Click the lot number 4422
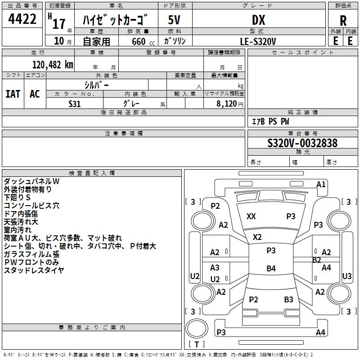pyautogui.click(x=22, y=19)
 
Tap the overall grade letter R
pyautogui.click(x=343, y=21)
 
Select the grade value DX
pyautogui.click(x=258, y=20)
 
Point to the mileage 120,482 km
pyautogui.click(x=53, y=64)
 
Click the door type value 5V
pyautogui.click(x=174, y=20)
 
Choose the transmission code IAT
pyautogui.click(x=13, y=94)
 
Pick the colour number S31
pyautogui.click(x=75, y=103)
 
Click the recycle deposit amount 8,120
pyautogui.click(x=226, y=103)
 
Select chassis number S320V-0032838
pyautogui.click(x=302, y=143)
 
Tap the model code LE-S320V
pyautogui.click(x=258, y=41)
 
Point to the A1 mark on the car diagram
pyautogui.click(x=321, y=184)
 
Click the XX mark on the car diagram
pyautogui.click(x=251, y=216)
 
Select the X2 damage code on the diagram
pyautogui.click(x=257, y=237)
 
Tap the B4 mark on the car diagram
pyautogui.click(x=271, y=269)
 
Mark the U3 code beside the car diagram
pyautogui.click(x=347, y=276)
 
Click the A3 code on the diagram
pyautogui.click(x=215, y=268)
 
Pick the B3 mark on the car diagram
pyautogui.click(x=288, y=299)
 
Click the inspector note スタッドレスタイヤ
pyautogui.click(x=34, y=270)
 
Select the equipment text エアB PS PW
pyautogui.click(x=270, y=121)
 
